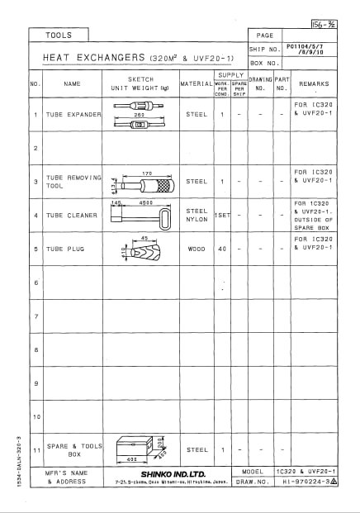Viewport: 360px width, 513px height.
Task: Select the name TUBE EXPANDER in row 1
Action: click(73, 114)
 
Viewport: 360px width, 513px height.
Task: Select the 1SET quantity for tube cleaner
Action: click(222, 216)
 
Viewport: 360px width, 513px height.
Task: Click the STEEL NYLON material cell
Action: click(197, 216)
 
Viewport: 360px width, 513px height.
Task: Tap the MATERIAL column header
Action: click(197, 83)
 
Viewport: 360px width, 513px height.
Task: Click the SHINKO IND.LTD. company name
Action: click(178, 473)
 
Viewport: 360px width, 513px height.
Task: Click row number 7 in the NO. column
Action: click(36, 316)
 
